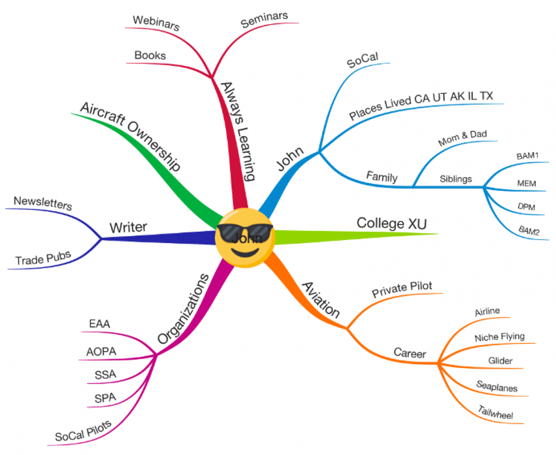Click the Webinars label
156,23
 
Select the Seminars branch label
264,19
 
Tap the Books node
150,55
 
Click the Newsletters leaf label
43,203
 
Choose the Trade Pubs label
43,259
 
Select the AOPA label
101,351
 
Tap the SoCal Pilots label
83,430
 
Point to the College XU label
391,223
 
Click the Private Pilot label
402,290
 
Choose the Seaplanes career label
497,386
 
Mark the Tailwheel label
495,412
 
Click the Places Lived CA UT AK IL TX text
421,106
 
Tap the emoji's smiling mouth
244,252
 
